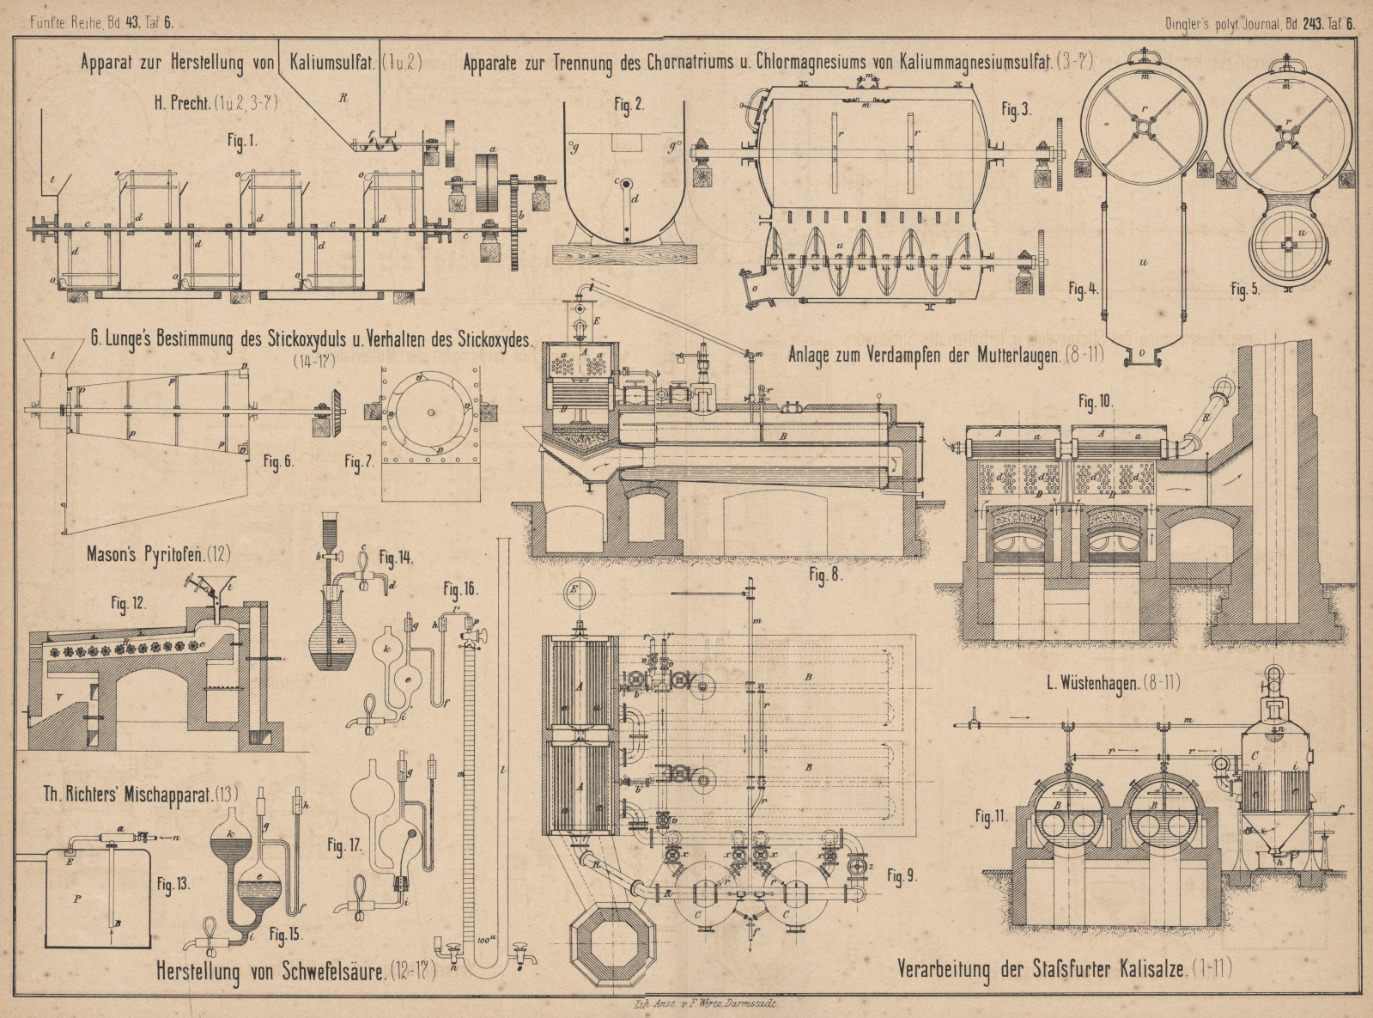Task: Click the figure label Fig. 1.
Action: [x=242, y=141]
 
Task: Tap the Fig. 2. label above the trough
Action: [x=629, y=105]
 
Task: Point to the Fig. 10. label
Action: [x=1095, y=401]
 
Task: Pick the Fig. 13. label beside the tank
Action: [x=173, y=883]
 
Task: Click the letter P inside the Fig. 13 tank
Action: [x=78, y=899]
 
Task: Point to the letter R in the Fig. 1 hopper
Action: [x=343, y=98]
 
